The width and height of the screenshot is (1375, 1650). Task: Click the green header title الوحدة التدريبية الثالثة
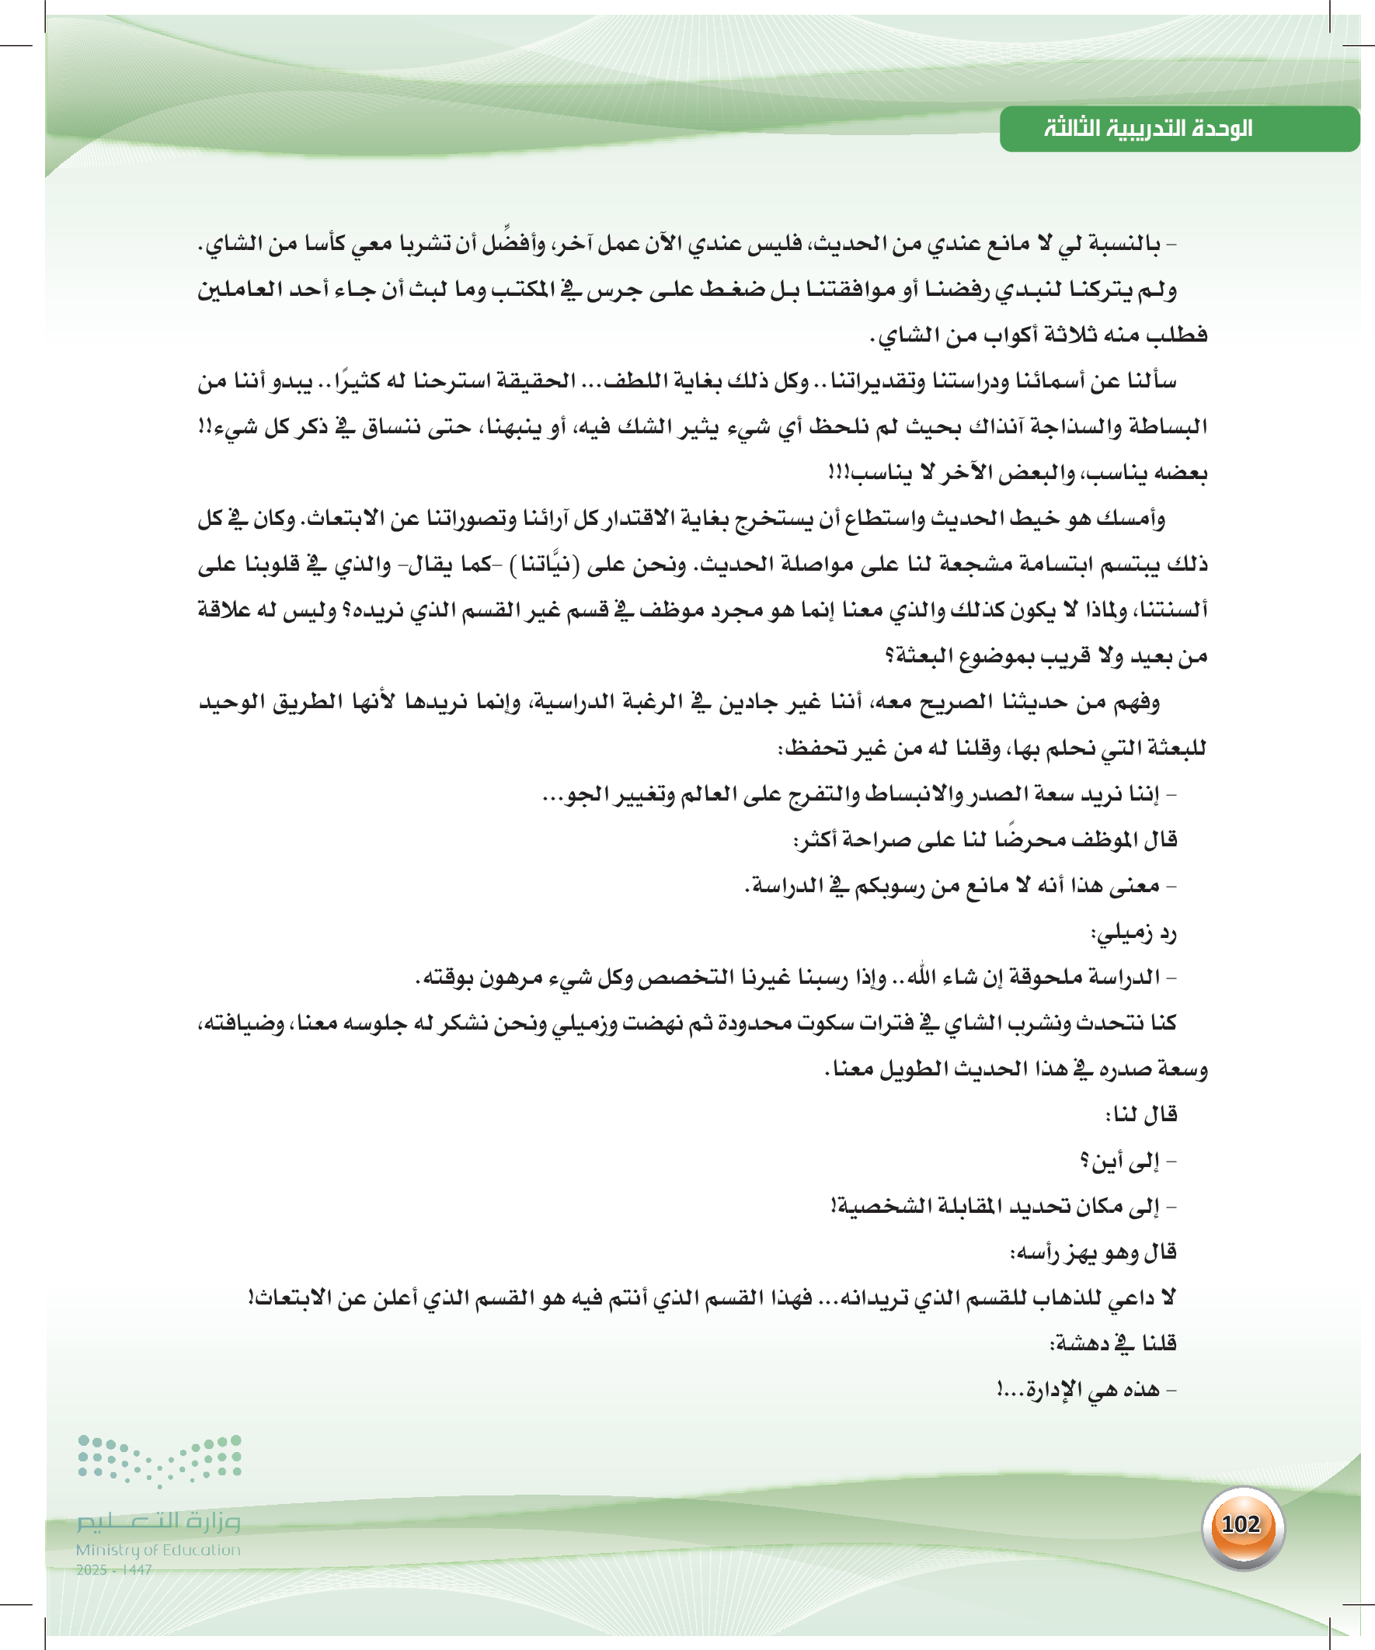1148,128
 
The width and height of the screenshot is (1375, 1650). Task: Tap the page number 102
1241,1523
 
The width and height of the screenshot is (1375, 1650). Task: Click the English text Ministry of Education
158,1549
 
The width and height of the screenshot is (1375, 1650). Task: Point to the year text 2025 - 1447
114,1569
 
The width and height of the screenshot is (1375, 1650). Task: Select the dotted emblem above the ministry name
159,1461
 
